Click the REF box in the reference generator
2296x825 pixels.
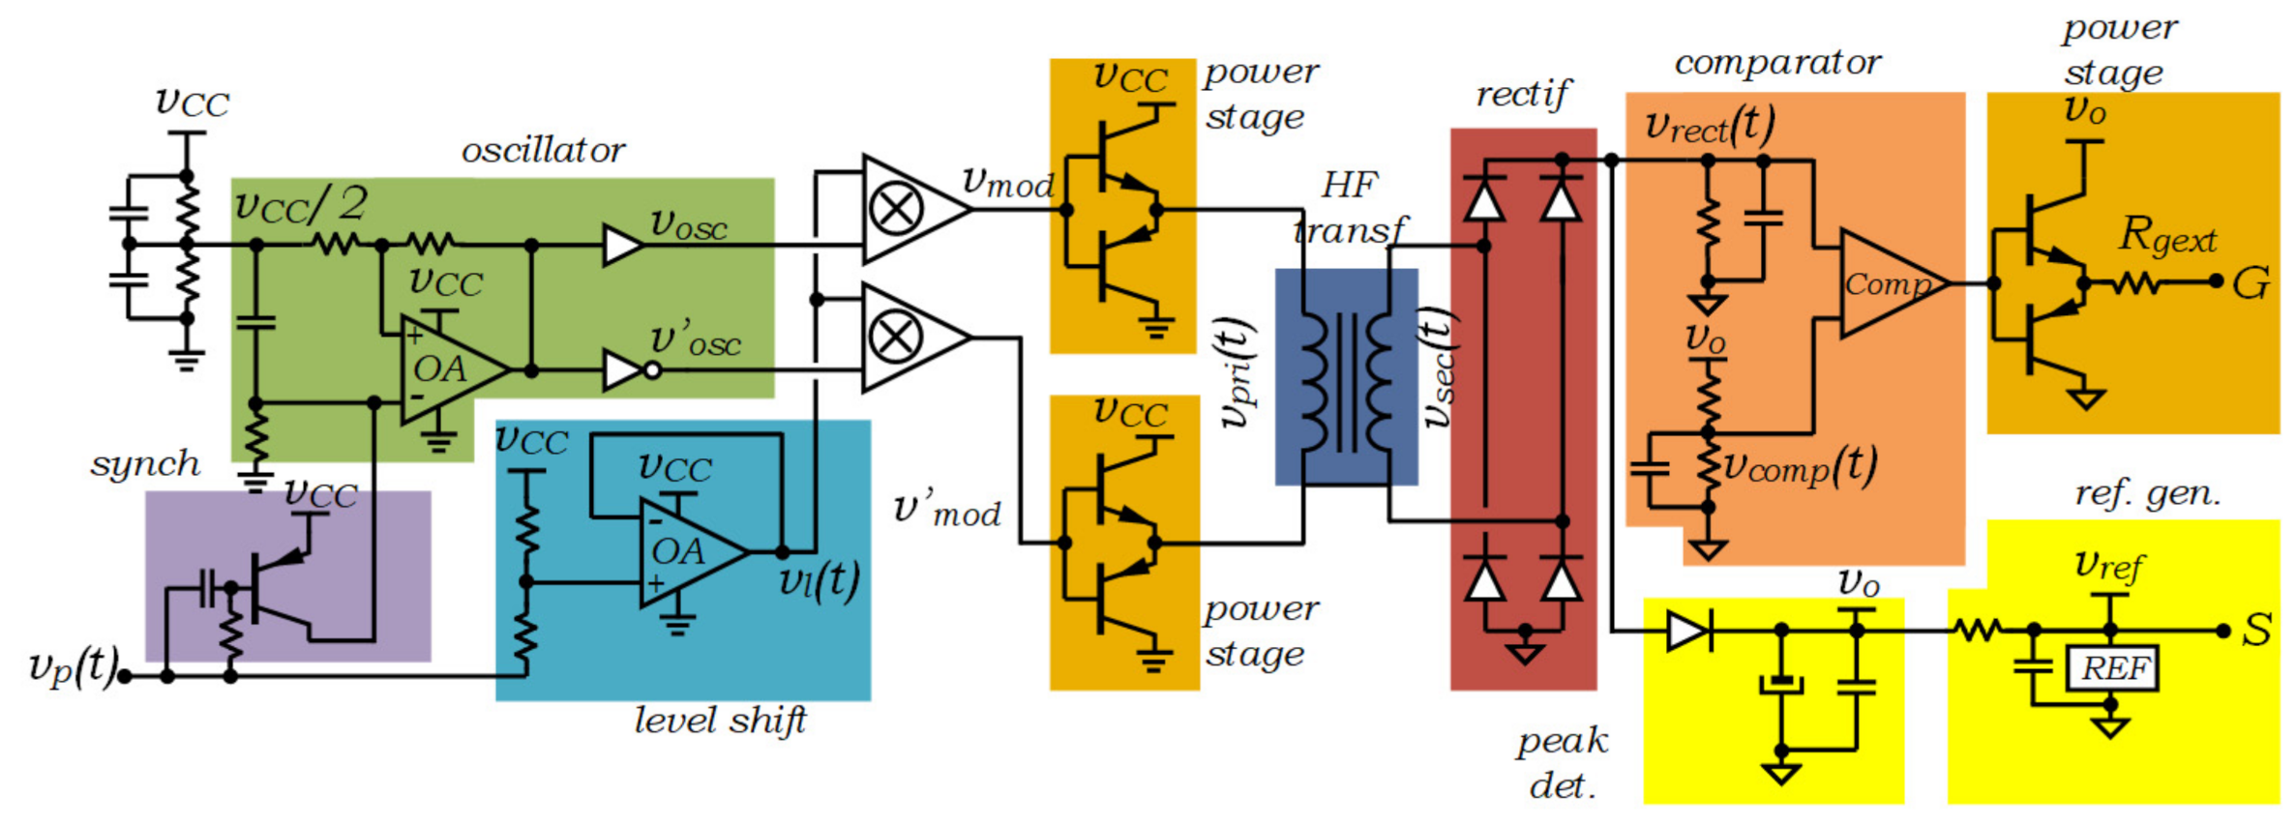click(x=2113, y=668)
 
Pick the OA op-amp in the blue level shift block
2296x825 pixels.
click(x=683, y=552)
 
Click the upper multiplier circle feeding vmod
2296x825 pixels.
click(x=896, y=209)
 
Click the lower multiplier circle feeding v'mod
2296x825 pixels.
click(x=896, y=338)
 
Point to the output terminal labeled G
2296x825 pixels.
click(x=2251, y=283)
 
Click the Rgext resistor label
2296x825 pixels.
click(x=2167, y=236)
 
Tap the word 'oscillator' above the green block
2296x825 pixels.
click(x=543, y=151)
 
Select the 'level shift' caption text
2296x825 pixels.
click(x=720, y=722)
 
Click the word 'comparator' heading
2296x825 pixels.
click(x=1777, y=64)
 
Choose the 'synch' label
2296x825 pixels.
click(x=145, y=464)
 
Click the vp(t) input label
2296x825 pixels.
click(x=73, y=666)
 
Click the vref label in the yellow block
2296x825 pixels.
click(x=2109, y=565)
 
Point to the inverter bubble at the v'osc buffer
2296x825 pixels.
click(x=653, y=370)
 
